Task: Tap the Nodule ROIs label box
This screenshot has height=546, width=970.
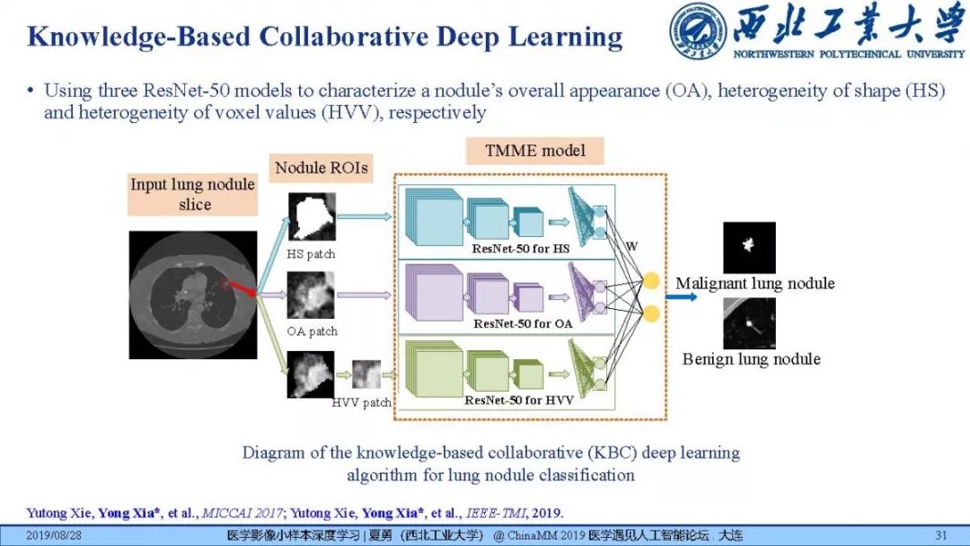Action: tap(321, 167)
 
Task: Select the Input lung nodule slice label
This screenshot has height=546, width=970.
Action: tap(193, 195)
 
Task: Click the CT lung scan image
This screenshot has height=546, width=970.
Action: tap(191, 294)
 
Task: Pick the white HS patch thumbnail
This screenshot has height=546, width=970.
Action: tap(310, 216)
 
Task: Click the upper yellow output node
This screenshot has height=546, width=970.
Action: tap(652, 280)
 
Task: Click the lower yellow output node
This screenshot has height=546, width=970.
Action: tap(652, 313)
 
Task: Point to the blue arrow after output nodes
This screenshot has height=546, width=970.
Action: tap(680, 296)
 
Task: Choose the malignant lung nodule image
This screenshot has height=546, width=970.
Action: tap(749, 247)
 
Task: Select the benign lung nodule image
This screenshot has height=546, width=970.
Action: tap(749, 324)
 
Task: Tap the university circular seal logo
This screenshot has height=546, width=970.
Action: tap(698, 32)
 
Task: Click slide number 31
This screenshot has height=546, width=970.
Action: tap(941, 536)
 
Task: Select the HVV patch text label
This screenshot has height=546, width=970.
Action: tap(361, 403)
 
